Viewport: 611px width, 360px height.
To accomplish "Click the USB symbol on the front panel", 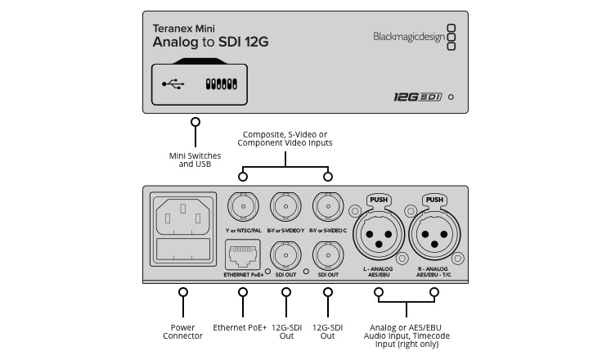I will click(x=173, y=83).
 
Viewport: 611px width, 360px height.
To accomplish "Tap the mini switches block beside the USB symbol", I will click(x=221, y=83).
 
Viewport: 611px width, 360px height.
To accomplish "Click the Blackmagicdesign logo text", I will click(x=408, y=35).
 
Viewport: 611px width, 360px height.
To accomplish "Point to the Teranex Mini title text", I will click(x=183, y=26).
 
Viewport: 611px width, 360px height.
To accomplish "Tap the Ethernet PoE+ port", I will click(x=243, y=256).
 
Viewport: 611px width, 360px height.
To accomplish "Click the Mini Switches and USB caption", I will click(x=195, y=159).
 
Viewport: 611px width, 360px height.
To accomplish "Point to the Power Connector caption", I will click(x=183, y=331).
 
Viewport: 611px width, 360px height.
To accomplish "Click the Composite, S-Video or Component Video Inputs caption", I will click(x=285, y=138).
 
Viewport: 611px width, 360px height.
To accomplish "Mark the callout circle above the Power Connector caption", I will click(x=183, y=292).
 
